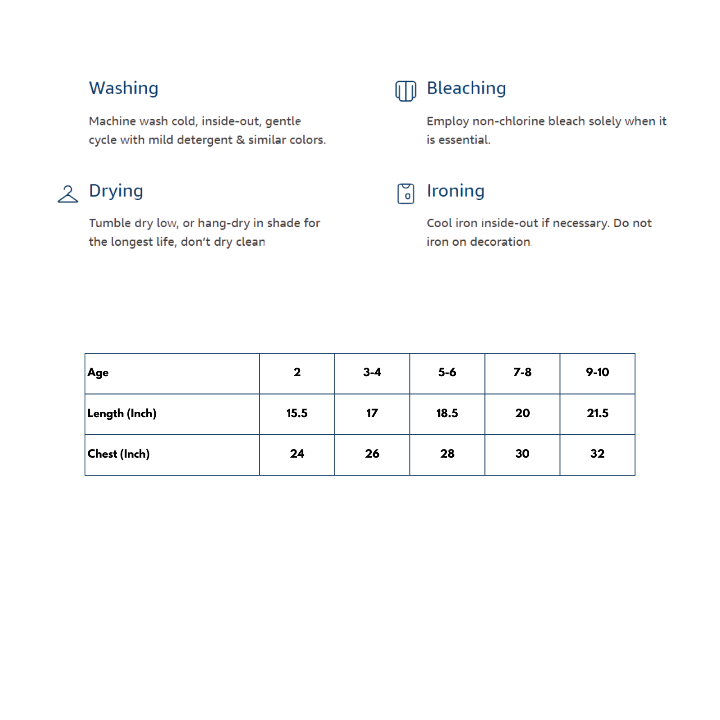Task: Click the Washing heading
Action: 124,88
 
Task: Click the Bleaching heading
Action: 466,88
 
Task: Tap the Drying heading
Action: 116,191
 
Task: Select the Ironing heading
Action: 455,191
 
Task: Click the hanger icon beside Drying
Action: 68,194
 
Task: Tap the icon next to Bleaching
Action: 405,91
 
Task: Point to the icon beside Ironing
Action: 405,193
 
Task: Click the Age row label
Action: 98,373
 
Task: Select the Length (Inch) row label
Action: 122,413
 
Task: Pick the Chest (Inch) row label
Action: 118,454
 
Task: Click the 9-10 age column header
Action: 597,372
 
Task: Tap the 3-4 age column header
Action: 372,372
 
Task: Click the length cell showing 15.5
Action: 297,413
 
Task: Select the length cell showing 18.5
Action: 447,413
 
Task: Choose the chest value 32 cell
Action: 597,454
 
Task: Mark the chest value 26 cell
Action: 372,454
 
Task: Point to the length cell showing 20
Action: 522,413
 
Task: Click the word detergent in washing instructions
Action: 205,140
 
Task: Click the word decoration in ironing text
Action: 500,242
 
